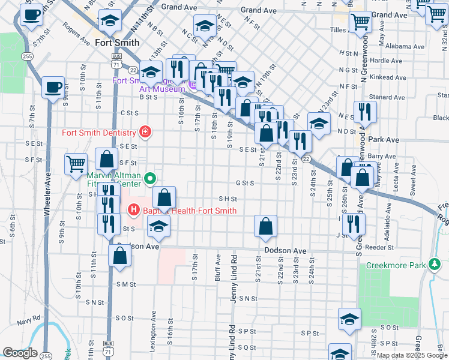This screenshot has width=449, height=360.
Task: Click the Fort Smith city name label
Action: pyautogui.click(x=117, y=43)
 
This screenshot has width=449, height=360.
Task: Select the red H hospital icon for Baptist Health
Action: pyautogui.click(x=133, y=211)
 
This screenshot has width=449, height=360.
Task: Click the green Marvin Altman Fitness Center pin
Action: pyautogui.click(x=151, y=178)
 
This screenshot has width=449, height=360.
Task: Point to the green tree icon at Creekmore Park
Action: pyautogui.click(x=436, y=264)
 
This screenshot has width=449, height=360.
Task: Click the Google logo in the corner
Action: pyautogui.click(x=20, y=353)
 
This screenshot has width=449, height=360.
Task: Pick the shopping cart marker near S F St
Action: pyautogui.click(x=76, y=163)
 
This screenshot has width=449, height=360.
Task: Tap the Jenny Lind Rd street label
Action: pyautogui.click(x=234, y=279)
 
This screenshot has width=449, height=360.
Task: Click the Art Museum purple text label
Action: pyautogui.click(x=158, y=89)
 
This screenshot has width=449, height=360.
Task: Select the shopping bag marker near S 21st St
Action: pyautogui.click(x=265, y=226)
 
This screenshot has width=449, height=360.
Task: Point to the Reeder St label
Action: pyautogui.click(x=378, y=247)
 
